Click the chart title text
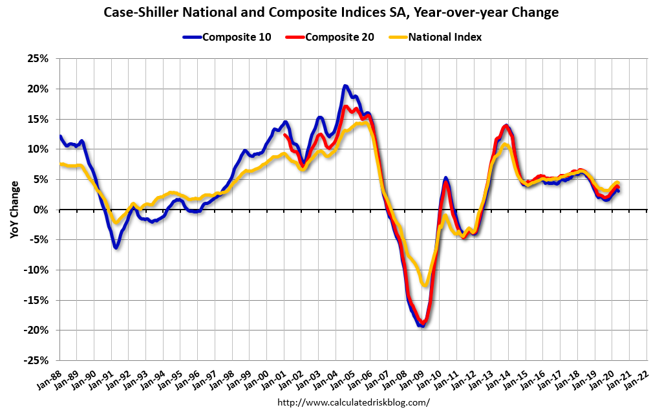click(330, 12)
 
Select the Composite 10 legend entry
click(231, 37)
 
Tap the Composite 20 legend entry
click(331, 37)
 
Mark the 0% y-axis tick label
click(41, 210)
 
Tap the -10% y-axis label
click(37, 270)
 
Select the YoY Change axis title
click(14, 210)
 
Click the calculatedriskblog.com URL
click(353, 402)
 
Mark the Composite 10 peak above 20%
click(345, 86)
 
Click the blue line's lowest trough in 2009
click(422, 325)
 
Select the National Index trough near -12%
click(424, 284)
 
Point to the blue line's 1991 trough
click(116, 247)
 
